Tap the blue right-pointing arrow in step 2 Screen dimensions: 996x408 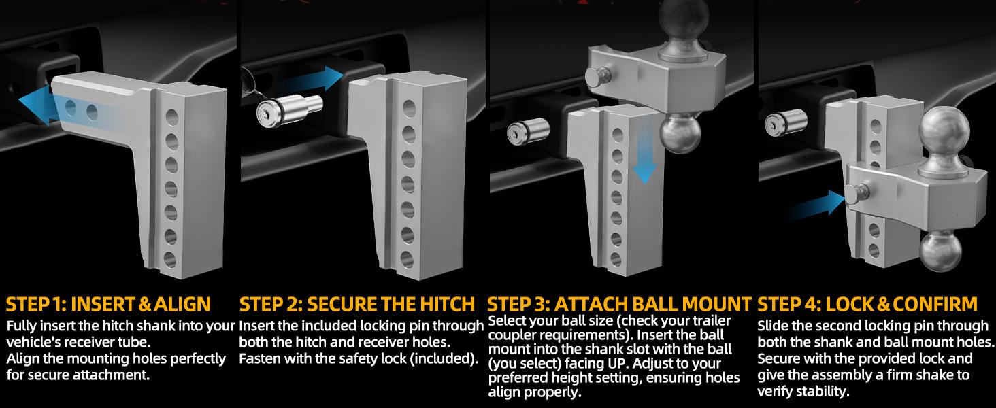[312, 79]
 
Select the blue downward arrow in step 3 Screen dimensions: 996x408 [644, 153]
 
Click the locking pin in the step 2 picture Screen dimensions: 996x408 [289, 110]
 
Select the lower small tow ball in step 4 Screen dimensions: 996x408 [939, 251]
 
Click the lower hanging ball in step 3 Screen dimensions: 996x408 [680, 133]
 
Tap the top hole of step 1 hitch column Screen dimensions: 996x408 [171, 118]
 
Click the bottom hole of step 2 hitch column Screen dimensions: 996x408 [406, 260]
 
